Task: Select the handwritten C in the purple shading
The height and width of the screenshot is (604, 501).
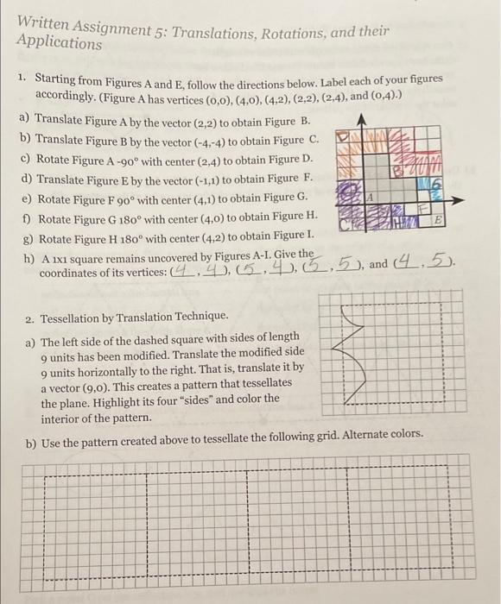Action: (x=343, y=223)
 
